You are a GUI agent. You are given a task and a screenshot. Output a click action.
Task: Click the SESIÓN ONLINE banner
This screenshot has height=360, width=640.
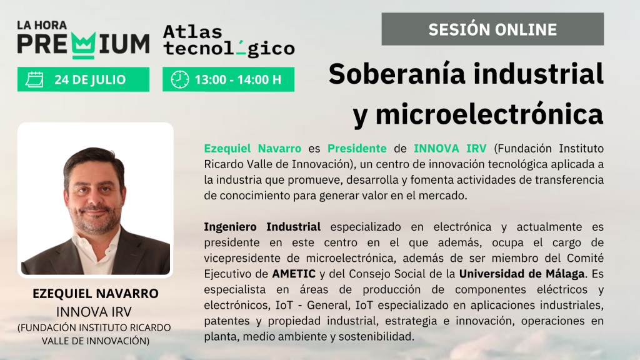pyautogui.click(x=492, y=29)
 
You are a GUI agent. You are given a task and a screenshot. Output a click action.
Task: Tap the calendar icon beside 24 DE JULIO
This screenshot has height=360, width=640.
pyautogui.click(x=34, y=79)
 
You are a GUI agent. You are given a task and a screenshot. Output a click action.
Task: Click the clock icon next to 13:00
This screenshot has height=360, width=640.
pyautogui.click(x=179, y=79)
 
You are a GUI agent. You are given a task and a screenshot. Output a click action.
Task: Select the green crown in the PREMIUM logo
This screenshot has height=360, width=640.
pyautogui.click(x=84, y=45)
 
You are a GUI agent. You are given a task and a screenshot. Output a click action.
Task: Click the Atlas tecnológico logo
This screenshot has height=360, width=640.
pyautogui.click(x=229, y=41)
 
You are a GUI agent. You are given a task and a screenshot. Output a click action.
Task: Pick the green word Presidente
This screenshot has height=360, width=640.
pyautogui.click(x=357, y=148)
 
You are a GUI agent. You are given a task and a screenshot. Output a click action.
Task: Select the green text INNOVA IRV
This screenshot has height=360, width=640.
pyautogui.click(x=450, y=148)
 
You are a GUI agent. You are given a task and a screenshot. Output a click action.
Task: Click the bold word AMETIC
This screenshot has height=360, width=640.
pyautogui.click(x=294, y=274)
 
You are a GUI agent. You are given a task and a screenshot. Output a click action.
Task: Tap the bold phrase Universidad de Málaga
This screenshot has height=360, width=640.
pyautogui.click(x=522, y=274)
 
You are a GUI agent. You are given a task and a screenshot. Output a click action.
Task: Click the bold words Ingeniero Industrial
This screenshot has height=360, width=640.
pyautogui.click(x=262, y=226)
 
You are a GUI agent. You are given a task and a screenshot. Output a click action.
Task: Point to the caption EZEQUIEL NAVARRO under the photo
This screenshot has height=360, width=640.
pyautogui.click(x=96, y=294)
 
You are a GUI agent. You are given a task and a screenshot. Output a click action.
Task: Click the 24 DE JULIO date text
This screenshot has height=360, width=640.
pyautogui.click(x=90, y=79)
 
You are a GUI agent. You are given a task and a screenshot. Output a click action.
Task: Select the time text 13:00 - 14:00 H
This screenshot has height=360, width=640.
pyautogui.click(x=238, y=79)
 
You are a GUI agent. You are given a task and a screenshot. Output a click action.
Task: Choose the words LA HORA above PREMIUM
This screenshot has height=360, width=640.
pyautogui.click(x=42, y=25)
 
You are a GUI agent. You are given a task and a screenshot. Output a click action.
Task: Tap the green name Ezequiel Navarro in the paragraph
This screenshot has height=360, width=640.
pyautogui.click(x=252, y=148)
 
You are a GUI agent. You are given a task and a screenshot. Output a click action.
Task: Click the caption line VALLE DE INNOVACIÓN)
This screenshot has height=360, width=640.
pyautogui.click(x=96, y=341)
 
